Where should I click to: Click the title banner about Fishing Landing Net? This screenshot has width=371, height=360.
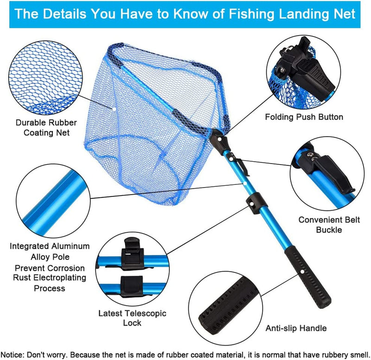pos(185,13)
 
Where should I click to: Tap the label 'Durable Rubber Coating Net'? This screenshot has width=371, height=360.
pos(43,128)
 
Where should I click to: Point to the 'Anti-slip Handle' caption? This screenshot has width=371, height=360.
pos(296,328)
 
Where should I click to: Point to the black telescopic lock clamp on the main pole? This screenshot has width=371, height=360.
pos(254,203)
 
